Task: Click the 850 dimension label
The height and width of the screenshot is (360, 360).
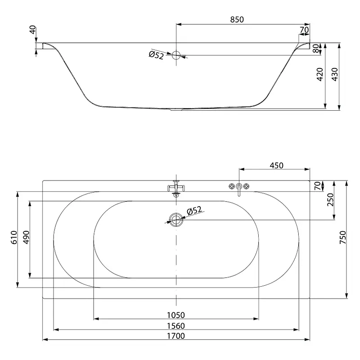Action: point(237,19)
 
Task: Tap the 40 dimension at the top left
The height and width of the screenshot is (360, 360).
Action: point(33,30)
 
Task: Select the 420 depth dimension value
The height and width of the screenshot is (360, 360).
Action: point(319,74)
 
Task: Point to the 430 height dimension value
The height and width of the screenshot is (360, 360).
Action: point(335,74)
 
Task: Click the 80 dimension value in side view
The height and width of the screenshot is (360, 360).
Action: point(316,49)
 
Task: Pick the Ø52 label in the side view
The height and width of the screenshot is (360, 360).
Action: point(156,55)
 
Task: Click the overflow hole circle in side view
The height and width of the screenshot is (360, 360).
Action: point(176,55)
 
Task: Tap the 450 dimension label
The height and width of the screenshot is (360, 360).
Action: point(276,165)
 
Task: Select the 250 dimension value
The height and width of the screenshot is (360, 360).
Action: point(330,200)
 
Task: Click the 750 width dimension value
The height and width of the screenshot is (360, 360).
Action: point(342,238)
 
